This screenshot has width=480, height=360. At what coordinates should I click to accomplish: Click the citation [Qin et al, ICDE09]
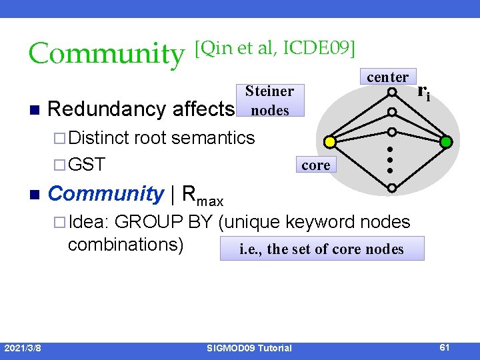(274, 48)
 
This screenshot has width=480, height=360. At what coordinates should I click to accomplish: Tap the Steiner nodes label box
(269, 100)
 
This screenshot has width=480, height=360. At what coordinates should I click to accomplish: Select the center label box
(387, 77)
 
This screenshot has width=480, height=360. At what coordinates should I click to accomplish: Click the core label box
(315, 165)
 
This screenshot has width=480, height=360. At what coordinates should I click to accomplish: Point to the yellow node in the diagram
(329, 141)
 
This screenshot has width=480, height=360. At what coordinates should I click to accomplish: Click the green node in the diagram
(446, 141)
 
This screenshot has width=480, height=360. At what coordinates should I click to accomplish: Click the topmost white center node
(393, 92)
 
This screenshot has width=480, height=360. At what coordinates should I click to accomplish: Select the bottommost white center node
(393, 189)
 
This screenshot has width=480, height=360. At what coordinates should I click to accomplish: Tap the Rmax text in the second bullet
(203, 195)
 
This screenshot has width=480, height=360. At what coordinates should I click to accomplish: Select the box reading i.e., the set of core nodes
(321, 249)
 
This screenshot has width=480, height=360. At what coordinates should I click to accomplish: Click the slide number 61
(445, 347)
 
